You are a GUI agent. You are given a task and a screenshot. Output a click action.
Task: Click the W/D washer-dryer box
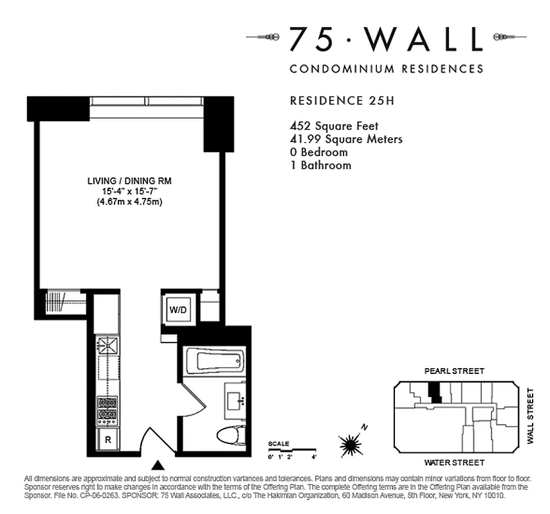[178, 310]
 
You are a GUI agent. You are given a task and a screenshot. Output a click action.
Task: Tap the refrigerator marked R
[107, 441]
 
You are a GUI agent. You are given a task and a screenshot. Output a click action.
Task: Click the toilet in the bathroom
[230, 436]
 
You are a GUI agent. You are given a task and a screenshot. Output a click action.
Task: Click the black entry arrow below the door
[158, 465]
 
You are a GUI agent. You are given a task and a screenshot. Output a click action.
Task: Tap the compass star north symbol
[351, 443]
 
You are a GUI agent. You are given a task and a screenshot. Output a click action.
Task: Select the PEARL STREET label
[454, 371]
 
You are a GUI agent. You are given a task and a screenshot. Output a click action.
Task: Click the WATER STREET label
[454, 463]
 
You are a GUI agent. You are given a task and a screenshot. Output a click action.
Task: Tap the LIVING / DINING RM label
[129, 181]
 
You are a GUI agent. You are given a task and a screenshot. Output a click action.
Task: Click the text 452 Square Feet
[335, 126]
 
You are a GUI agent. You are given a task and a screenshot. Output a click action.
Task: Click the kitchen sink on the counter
[107, 345]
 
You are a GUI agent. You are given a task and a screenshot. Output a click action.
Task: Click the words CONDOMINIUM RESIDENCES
[386, 69]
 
